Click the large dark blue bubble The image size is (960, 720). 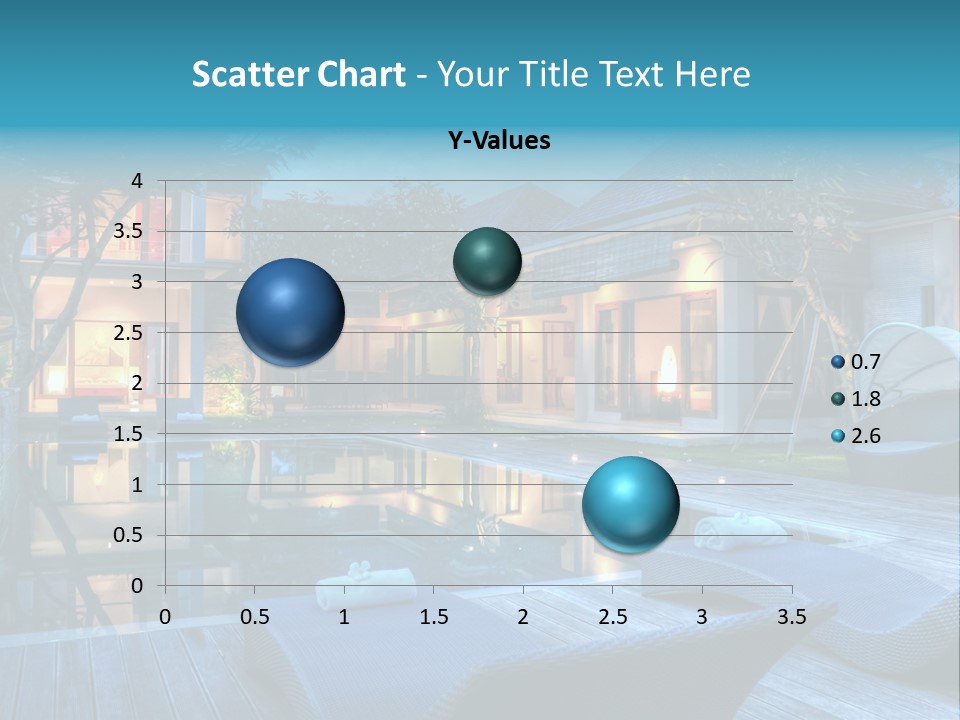(290, 312)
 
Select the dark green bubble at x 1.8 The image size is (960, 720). (487, 261)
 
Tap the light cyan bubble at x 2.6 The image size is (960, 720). (630, 504)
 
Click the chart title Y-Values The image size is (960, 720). (499, 141)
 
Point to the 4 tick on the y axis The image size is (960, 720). (137, 181)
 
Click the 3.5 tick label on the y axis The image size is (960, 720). (129, 232)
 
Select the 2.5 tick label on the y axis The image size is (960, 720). (129, 333)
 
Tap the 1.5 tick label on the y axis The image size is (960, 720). (129, 434)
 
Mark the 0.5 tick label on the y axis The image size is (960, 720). (129, 536)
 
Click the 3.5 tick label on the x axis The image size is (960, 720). (792, 618)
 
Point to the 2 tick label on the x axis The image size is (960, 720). (523, 618)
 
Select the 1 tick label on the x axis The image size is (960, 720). (344, 618)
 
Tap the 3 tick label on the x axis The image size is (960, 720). (702, 618)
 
